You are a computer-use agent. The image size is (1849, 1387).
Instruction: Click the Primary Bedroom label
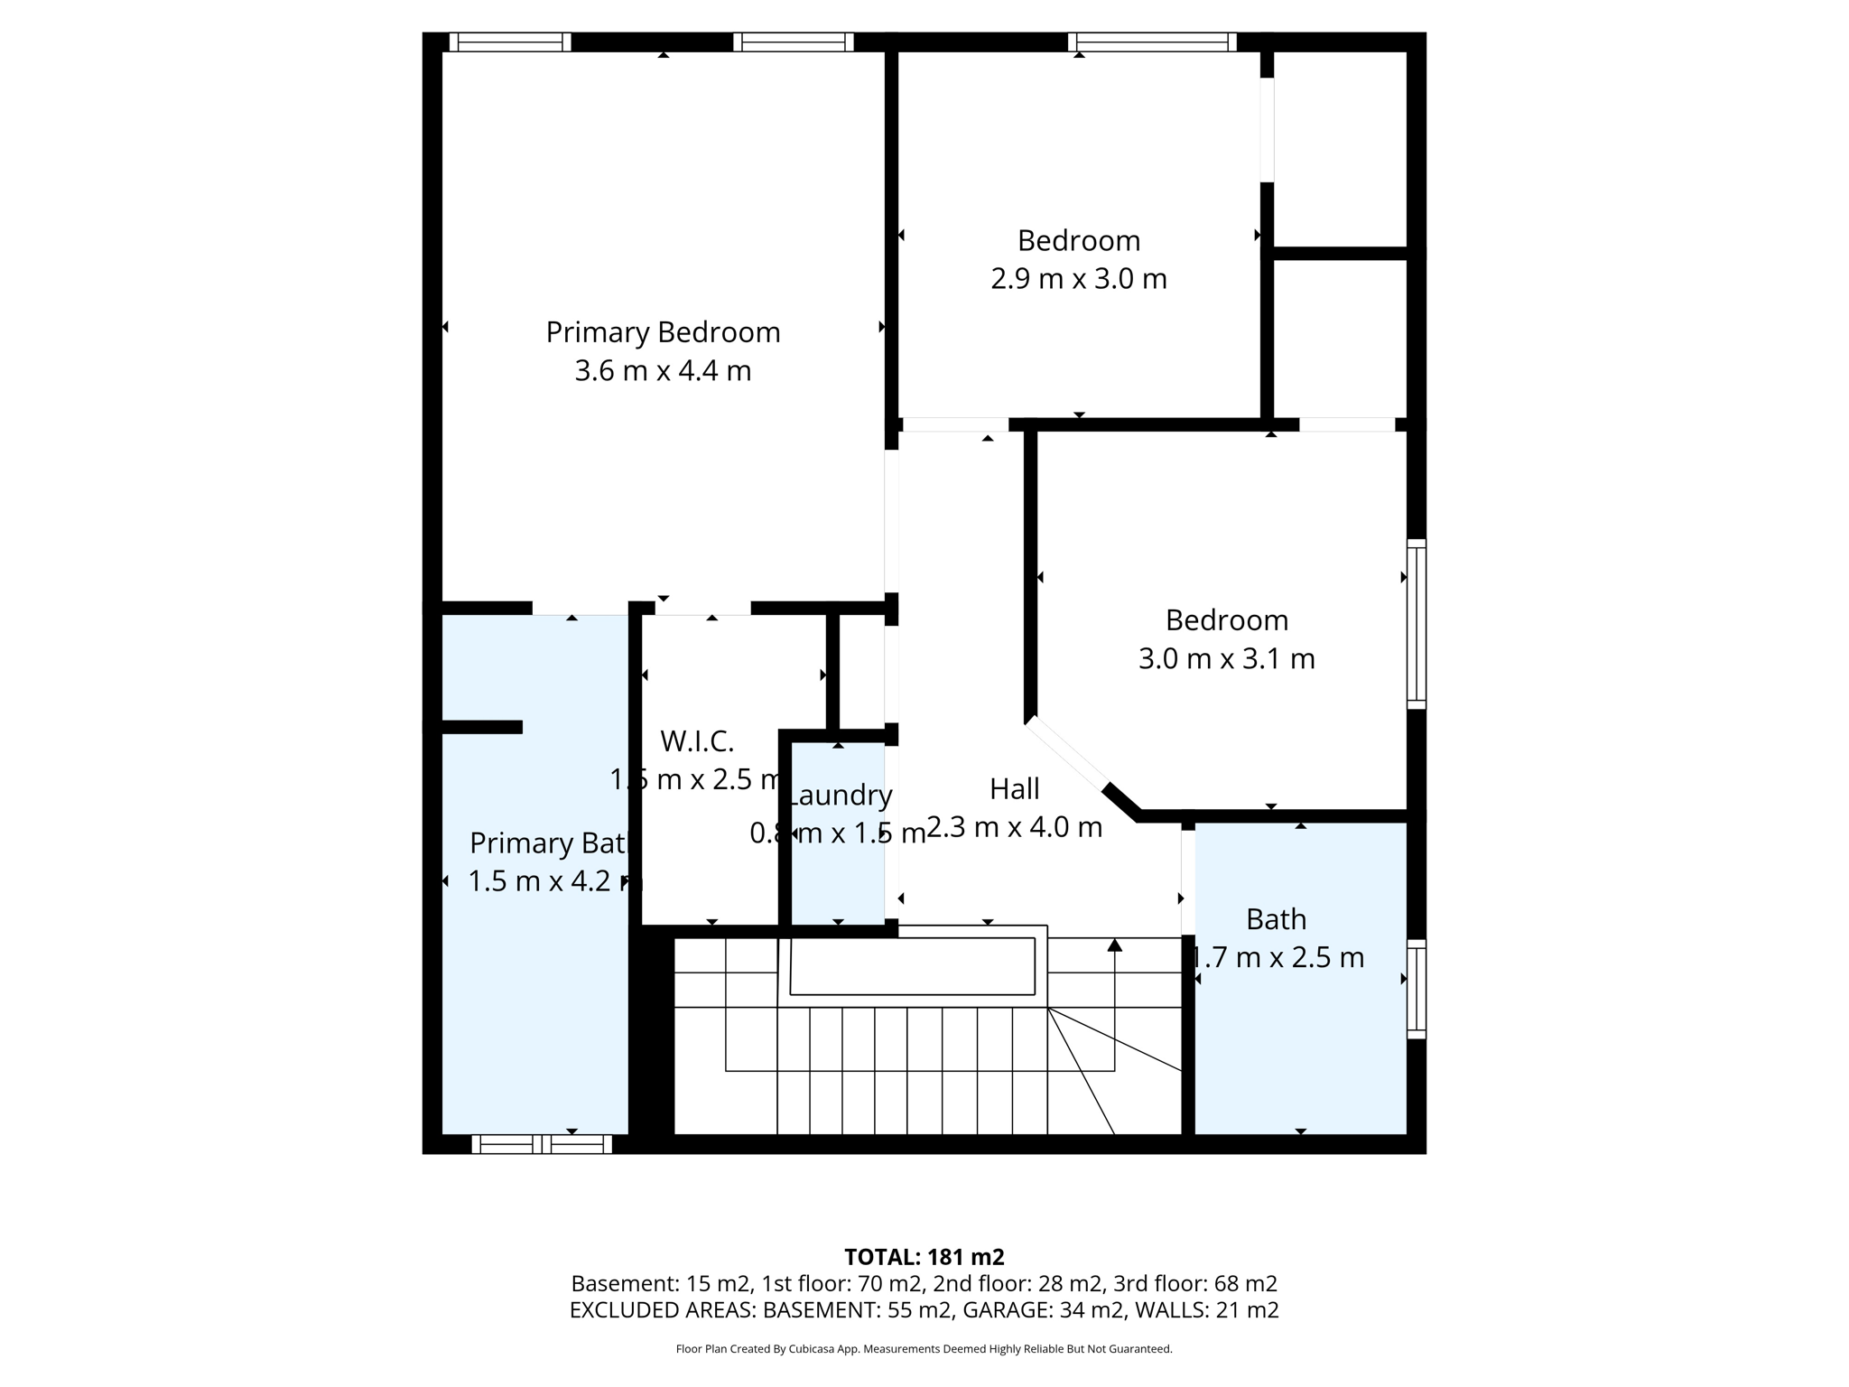[x=663, y=332]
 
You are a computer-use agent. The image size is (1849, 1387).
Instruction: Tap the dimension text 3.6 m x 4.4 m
[x=663, y=371]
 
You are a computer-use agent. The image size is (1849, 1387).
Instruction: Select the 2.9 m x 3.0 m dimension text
[x=1079, y=279]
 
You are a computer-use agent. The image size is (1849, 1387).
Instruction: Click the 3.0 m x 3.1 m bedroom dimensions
[x=1226, y=659]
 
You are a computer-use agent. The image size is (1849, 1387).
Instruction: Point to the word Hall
[x=1014, y=789]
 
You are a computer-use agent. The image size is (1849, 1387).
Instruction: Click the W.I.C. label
[x=697, y=741]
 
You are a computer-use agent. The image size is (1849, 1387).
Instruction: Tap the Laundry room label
[x=840, y=796]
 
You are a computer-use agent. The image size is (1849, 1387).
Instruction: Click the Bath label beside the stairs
[x=1276, y=919]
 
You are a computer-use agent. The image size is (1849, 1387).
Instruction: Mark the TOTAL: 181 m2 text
[x=924, y=1257]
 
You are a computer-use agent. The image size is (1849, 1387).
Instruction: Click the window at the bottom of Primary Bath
[x=542, y=1144]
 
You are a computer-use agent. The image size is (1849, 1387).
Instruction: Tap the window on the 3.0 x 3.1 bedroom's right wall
[x=1417, y=624]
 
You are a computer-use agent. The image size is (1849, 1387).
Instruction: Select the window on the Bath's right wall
[x=1417, y=989]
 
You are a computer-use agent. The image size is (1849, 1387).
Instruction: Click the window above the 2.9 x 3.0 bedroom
[x=1152, y=42]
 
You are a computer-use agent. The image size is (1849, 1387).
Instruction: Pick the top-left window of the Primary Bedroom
[x=510, y=42]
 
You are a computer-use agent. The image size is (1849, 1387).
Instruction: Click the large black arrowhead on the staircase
[x=1115, y=945]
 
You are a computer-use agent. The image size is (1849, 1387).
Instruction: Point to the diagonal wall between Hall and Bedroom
[x=1079, y=767]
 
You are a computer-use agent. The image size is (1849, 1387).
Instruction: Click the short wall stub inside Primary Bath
[x=481, y=727]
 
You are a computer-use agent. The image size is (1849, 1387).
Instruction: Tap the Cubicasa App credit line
[x=924, y=1349]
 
